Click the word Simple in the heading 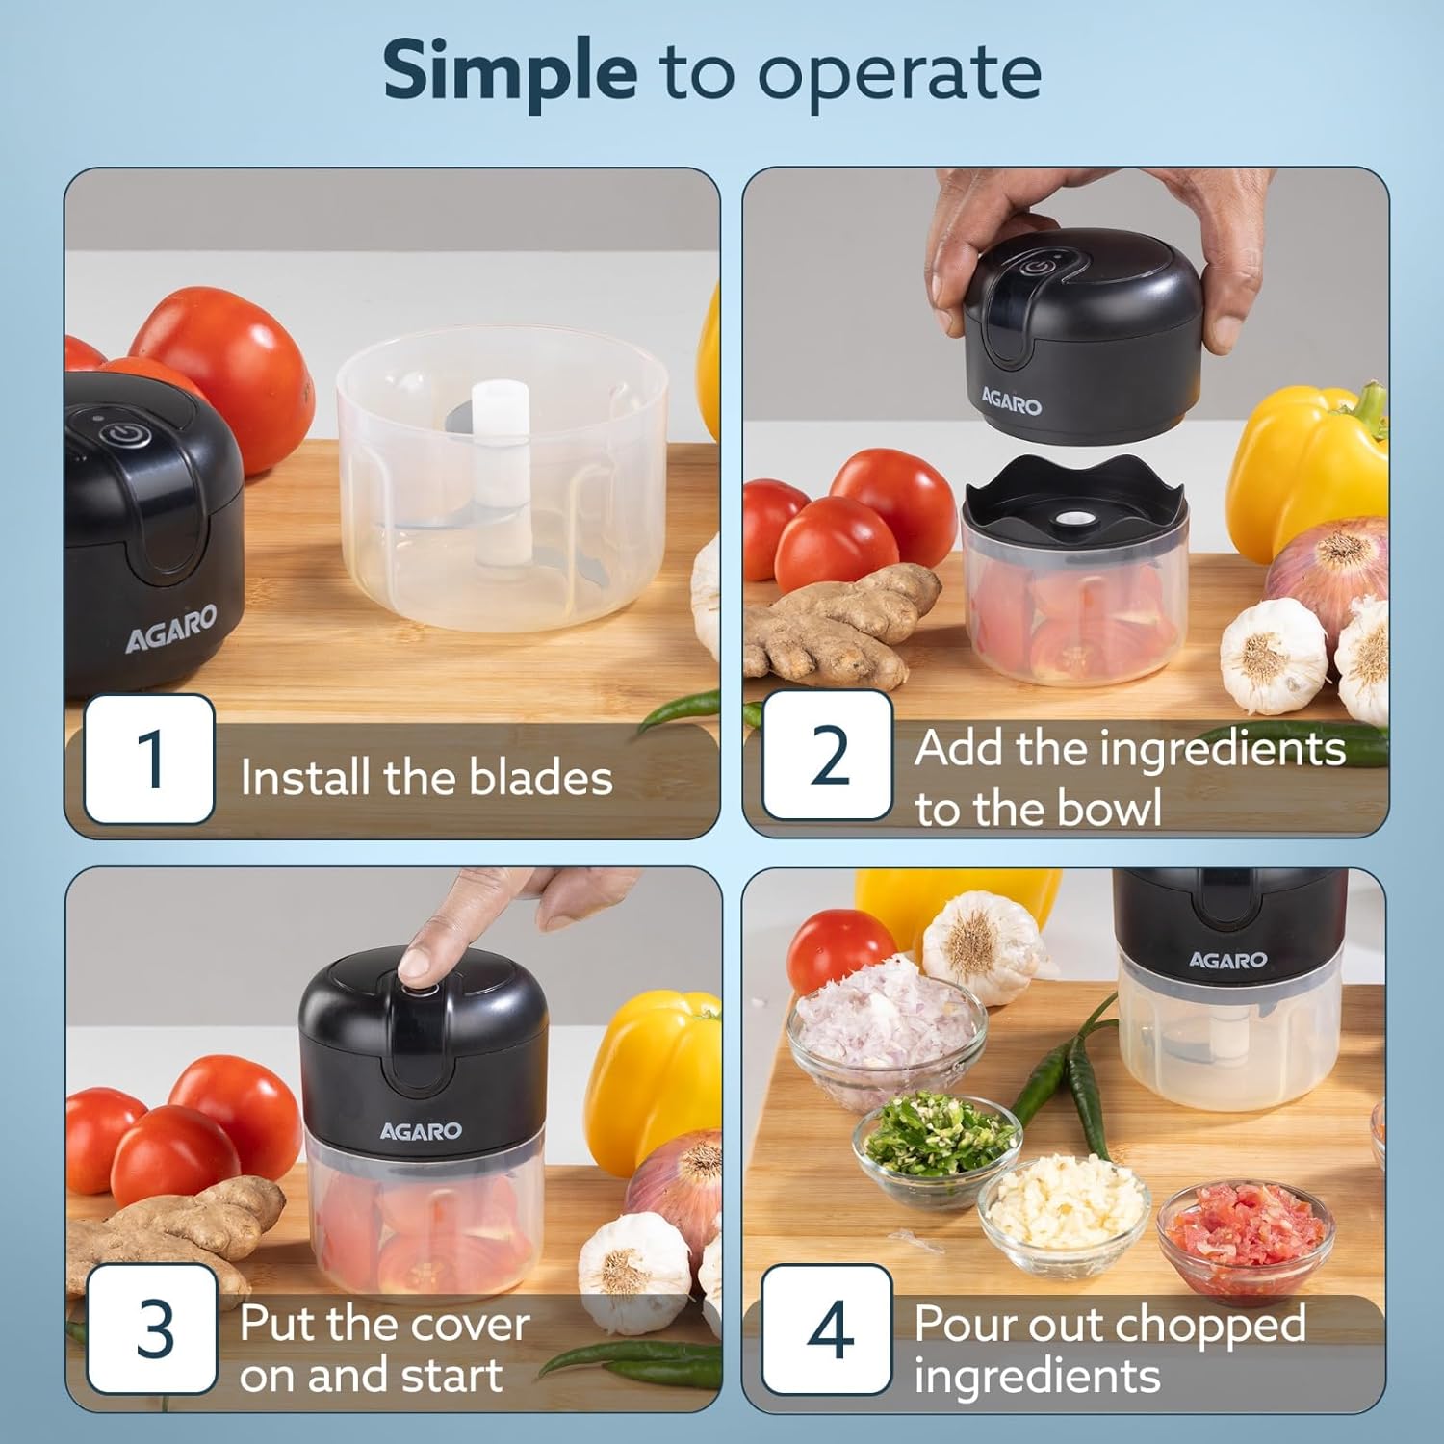[x=509, y=73]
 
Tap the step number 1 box [x=149, y=759]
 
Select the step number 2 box [x=827, y=756]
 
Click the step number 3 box [x=151, y=1329]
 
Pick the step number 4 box [x=827, y=1329]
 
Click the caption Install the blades [x=425, y=777]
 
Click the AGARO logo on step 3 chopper [x=421, y=1131]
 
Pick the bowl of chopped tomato [x=1247, y=1237]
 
